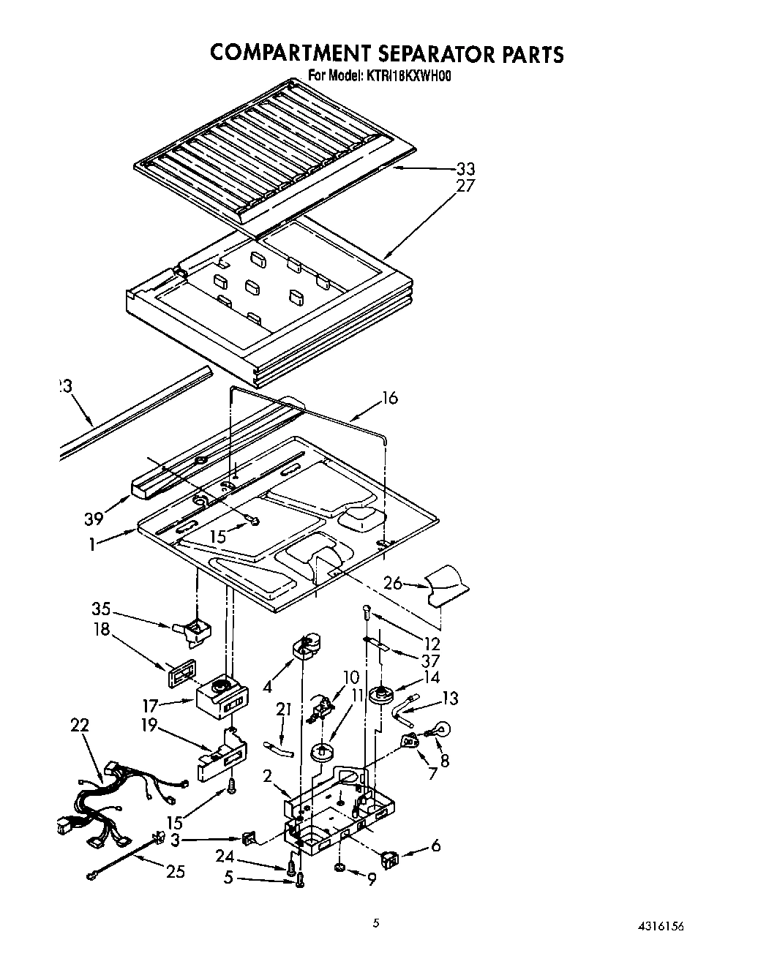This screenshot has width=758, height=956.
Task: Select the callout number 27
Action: tap(465, 186)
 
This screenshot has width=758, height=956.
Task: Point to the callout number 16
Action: tap(390, 399)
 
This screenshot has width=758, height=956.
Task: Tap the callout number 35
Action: tap(101, 609)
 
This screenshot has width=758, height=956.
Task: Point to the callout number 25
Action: tap(175, 871)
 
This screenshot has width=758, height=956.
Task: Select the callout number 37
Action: tap(432, 660)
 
